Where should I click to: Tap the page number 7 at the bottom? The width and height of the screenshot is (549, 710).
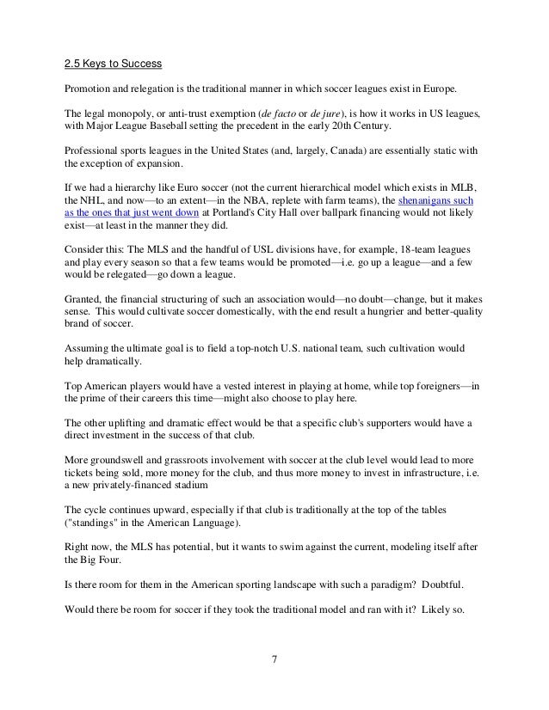point(274,661)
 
